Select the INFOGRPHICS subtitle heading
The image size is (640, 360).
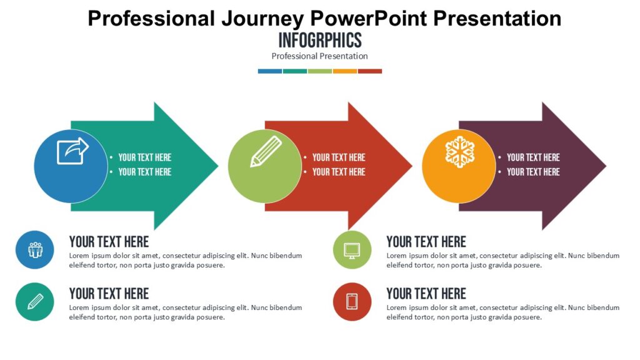tap(319, 41)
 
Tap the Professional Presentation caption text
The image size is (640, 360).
tap(319, 56)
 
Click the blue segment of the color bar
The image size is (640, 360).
tap(269, 71)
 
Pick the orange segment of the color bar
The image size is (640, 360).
tap(344, 71)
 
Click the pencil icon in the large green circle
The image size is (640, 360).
tap(266, 152)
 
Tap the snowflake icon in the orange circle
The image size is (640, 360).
tap(459, 152)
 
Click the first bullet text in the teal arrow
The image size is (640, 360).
tap(144, 157)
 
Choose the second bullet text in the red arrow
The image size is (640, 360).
tap(339, 172)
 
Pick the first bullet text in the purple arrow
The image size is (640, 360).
tap(533, 157)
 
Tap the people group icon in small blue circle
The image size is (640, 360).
tap(35, 250)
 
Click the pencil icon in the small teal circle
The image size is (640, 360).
tap(35, 301)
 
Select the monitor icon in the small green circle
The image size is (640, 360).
tap(352, 250)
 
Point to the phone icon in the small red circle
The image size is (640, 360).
tap(352, 301)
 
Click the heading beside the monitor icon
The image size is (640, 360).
tap(426, 242)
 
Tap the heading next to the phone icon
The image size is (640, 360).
tap(426, 294)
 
